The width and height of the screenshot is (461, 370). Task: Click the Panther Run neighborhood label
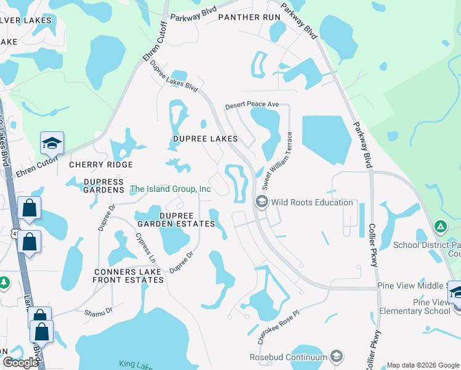tap(249, 17)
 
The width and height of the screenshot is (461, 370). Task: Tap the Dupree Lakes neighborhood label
tap(205, 139)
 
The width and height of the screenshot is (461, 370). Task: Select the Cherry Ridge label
tap(101, 165)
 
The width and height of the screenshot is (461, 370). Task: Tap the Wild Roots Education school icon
tap(261, 202)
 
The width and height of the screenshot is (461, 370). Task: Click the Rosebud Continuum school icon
tap(336, 356)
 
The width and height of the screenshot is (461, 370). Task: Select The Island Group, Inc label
tap(171, 189)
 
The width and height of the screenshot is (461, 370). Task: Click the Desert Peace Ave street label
tap(252, 105)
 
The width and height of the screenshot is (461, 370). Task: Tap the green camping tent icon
tap(441, 226)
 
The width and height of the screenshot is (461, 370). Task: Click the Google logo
tap(20, 362)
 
